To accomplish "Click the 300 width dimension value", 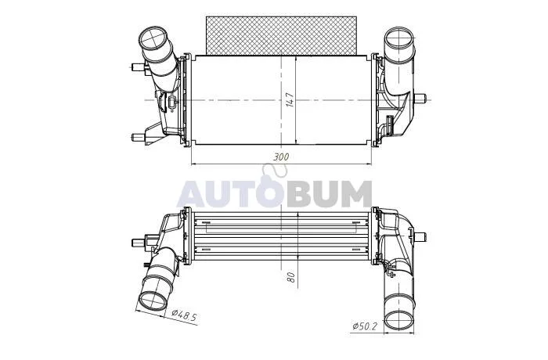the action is click(x=281, y=157).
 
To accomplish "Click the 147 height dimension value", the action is click(x=290, y=99).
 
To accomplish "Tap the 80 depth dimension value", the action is click(x=290, y=277).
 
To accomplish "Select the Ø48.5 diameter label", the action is click(x=185, y=315).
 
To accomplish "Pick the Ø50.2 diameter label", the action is click(x=365, y=326).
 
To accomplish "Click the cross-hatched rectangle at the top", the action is click(x=281, y=35).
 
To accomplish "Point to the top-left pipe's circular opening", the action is click(x=153, y=38).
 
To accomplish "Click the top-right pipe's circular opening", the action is click(x=399, y=38).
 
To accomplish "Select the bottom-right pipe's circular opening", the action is click(x=399, y=320).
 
